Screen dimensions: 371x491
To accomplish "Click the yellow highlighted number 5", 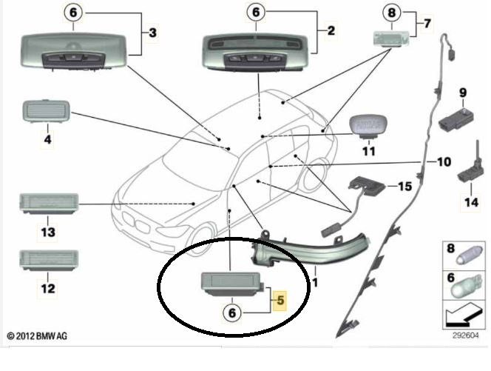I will (x=280, y=301).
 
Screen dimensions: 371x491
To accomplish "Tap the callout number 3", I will (x=152, y=33).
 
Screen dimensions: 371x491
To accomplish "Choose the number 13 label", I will (x=47, y=232).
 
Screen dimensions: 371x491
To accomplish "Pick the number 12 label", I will (x=47, y=288).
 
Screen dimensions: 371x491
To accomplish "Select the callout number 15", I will (x=403, y=187).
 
